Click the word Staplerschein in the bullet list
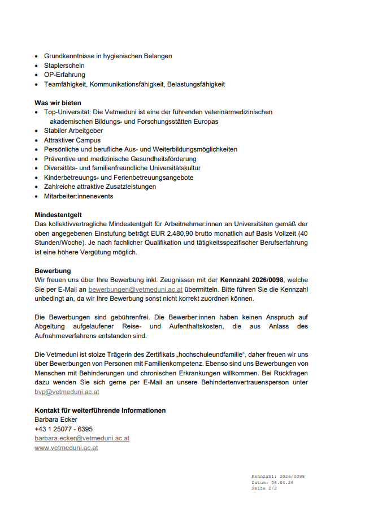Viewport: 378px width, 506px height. point(64,66)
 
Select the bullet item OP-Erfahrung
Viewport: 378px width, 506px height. point(64,75)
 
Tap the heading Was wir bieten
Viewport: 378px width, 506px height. point(58,103)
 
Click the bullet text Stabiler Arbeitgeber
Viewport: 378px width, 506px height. point(73,131)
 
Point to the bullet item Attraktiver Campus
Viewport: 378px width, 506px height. point(72,140)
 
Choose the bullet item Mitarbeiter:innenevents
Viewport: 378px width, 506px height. point(79,196)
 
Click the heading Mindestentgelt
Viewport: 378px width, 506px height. point(58,215)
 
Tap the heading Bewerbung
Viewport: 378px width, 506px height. point(53,271)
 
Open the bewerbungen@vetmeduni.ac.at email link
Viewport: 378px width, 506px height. point(135,289)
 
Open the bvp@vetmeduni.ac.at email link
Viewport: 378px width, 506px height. point(67,392)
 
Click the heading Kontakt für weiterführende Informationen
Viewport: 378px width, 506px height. point(100,410)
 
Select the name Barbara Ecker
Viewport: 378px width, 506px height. point(56,419)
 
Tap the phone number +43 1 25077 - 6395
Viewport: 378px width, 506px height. point(63,429)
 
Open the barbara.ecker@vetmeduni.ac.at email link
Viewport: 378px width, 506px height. point(82,438)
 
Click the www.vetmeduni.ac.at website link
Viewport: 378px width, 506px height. point(66,448)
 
